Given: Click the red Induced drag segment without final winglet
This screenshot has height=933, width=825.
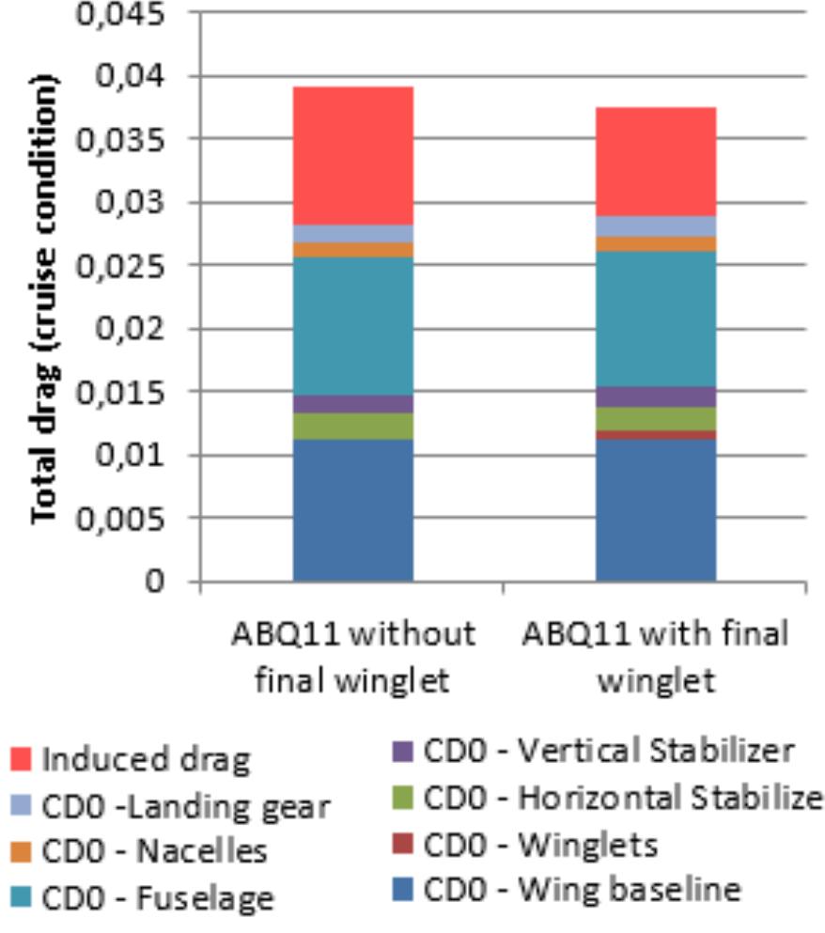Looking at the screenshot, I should point(352,155).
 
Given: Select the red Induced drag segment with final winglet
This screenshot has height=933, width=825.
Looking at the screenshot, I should point(656,162).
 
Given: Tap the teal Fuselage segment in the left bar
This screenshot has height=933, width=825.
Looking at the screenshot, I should point(352,326).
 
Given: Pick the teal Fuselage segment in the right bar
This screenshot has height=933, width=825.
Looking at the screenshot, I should point(656,319).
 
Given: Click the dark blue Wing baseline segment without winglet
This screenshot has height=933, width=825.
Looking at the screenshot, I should point(352,509).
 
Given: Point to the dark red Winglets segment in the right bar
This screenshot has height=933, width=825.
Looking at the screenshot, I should point(656,434).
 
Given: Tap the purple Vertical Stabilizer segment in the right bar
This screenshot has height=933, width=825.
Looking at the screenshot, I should point(656,397).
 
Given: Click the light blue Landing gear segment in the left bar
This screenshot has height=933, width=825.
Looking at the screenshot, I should point(352,233).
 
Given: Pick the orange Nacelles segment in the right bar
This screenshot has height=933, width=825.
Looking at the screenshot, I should point(656,243).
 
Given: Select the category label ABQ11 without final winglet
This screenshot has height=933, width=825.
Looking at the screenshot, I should point(352,657).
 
